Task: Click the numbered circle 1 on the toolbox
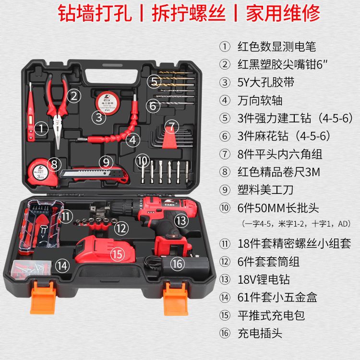(x=42, y=128)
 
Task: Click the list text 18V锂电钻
(x=264, y=280)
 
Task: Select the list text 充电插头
(x=260, y=333)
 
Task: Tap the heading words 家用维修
(x=283, y=14)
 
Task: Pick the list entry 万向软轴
(x=260, y=100)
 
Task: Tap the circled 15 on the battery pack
(x=118, y=254)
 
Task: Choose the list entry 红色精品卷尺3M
(x=278, y=172)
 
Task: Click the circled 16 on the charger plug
(x=177, y=263)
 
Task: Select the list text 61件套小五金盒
(x=277, y=298)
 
